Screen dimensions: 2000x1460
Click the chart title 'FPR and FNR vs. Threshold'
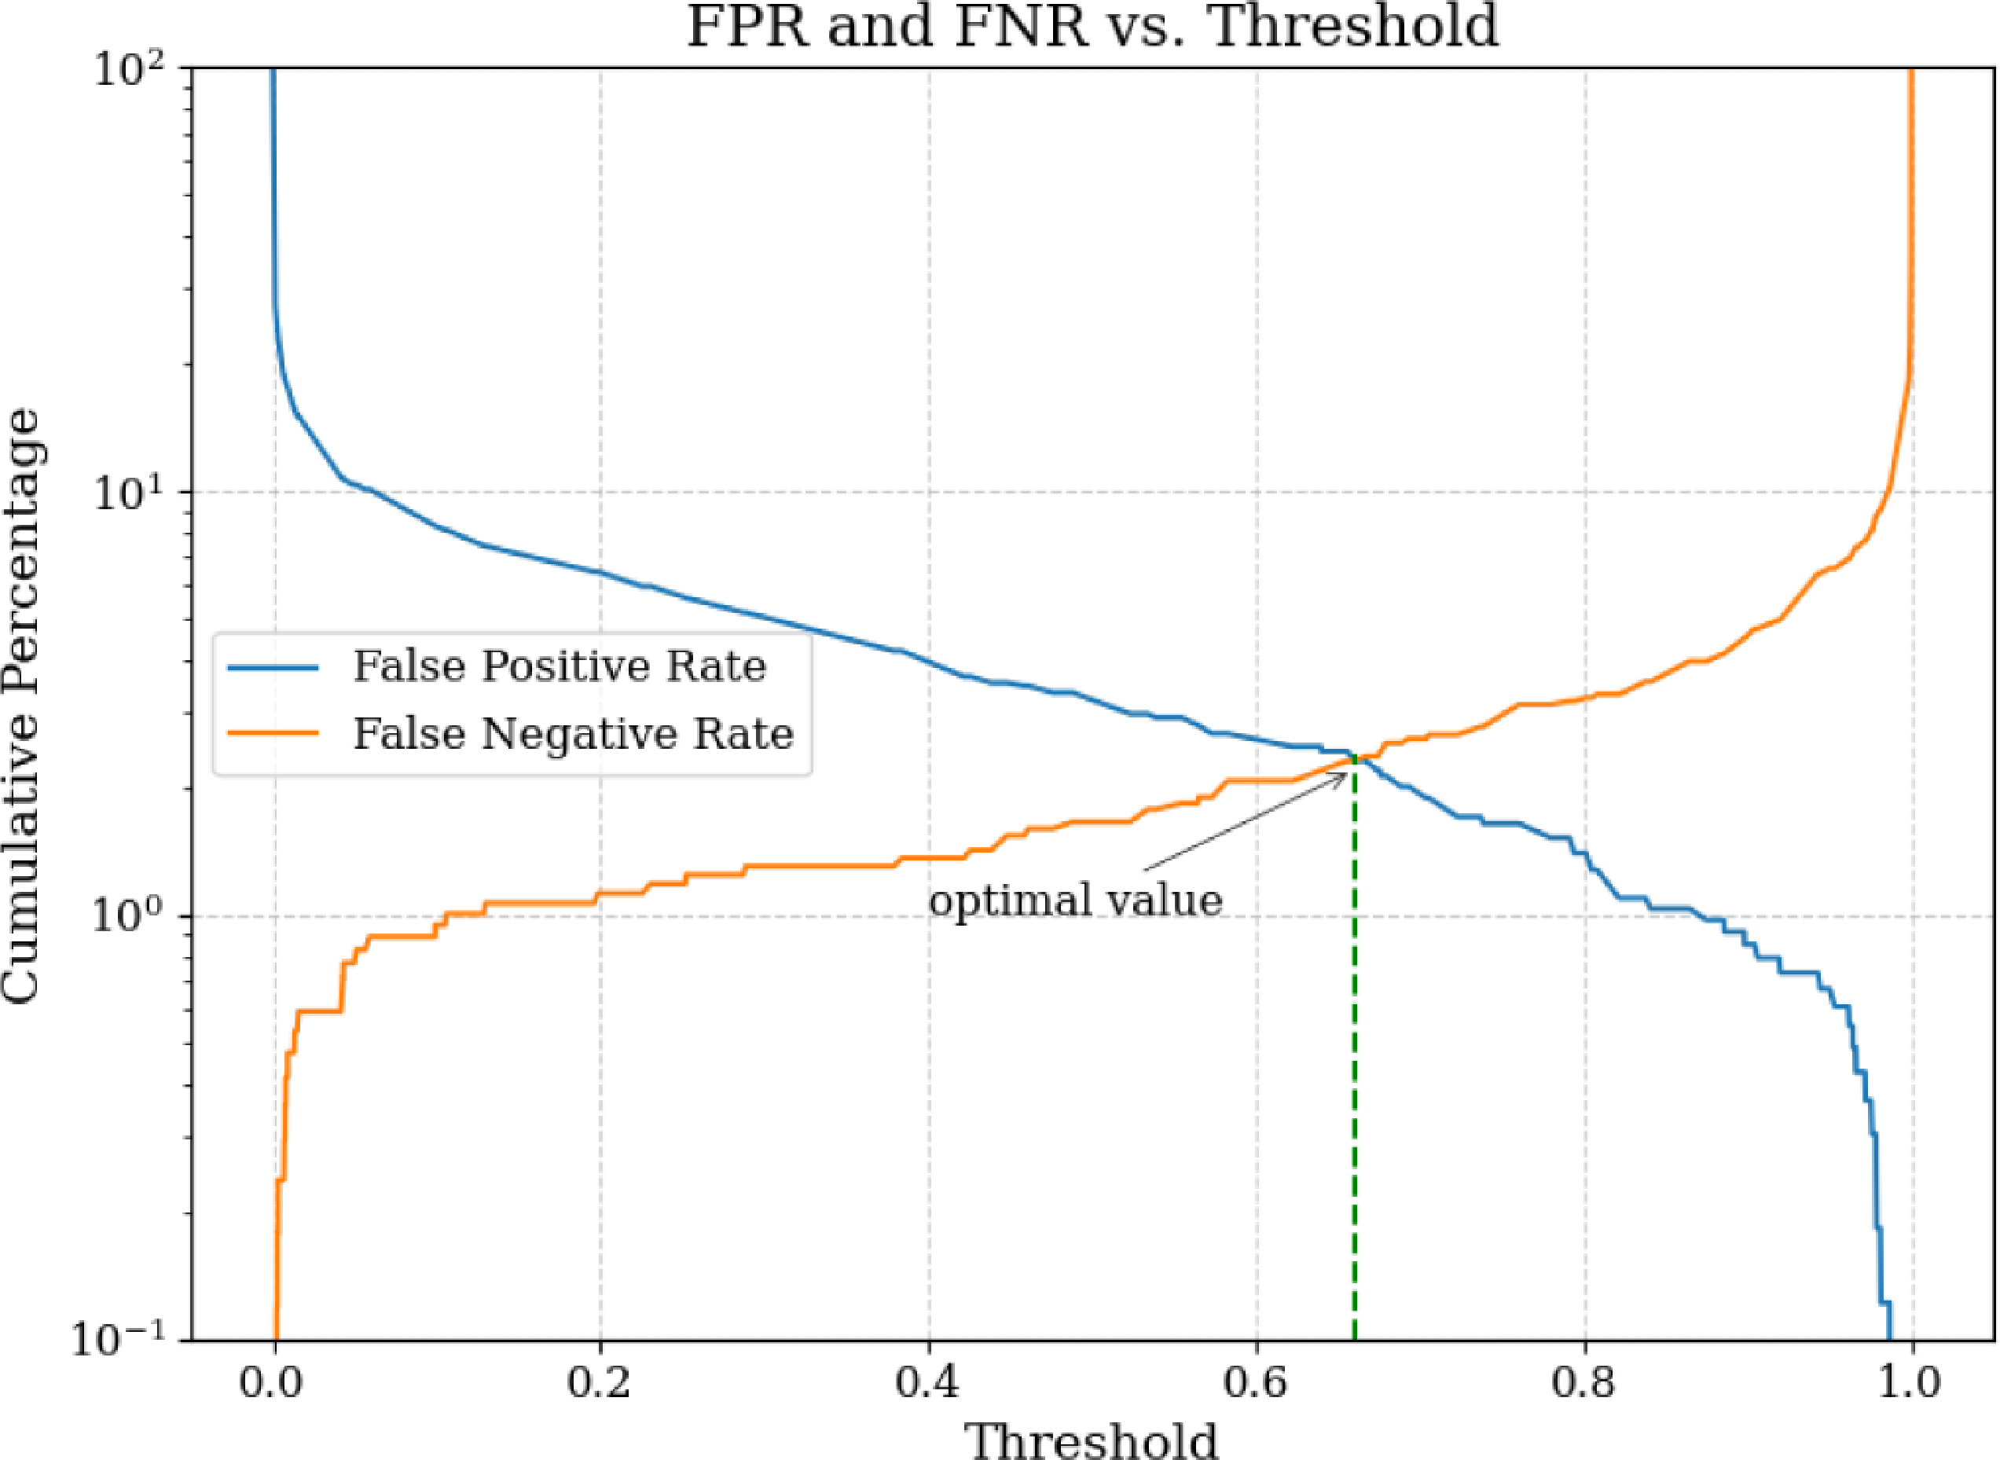tap(1092, 27)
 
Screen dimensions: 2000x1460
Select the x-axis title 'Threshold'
tap(1093, 1438)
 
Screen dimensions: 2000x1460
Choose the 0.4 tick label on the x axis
tap(929, 1381)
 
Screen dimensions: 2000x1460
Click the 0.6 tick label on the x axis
tap(1257, 1381)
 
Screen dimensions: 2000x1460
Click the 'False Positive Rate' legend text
tap(560, 666)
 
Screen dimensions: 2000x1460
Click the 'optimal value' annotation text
tap(1075, 901)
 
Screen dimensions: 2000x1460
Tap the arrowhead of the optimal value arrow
tap(1345, 773)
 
